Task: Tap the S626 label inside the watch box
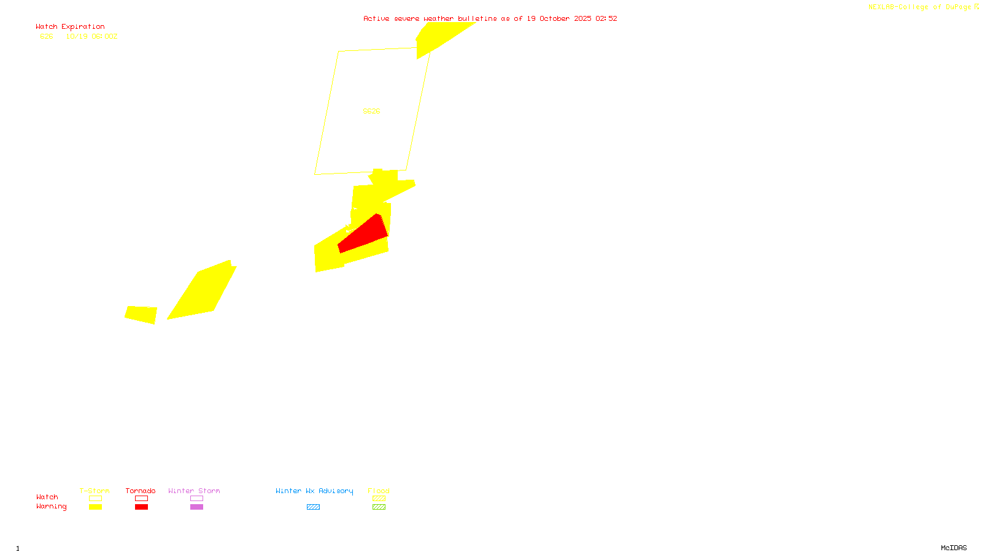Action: pyautogui.click(x=371, y=111)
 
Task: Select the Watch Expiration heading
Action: pyautogui.click(x=70, y=26)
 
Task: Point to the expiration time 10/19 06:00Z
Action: pyautogui.click(x=91, y=36)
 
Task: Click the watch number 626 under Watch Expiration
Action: pyautogui.click(x=47, y=36)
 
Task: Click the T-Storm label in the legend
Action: pyautogui.click(x=95, y=491)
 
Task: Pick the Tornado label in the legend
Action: pyautogui.click(x=141, y=491)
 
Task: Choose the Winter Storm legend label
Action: pyautogui.click(x=194, y=491)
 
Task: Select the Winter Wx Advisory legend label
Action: pyautogui.click(x=314, y=491)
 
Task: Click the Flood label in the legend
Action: pyautogui.click(x=379, y=491)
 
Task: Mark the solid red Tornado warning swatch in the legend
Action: pyautogui.click(x=141, y=507)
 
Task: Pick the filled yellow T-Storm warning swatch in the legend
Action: pyautogui.click(x=95, y=507)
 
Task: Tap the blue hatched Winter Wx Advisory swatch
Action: pyautogui.click(x=313, y=507)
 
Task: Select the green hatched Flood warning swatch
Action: pyautogui.click(x=379, y=507)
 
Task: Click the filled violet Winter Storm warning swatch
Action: pyautogui.click(x=196, y=507)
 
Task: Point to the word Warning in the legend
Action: pyautogui.click(x=51, y=507)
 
